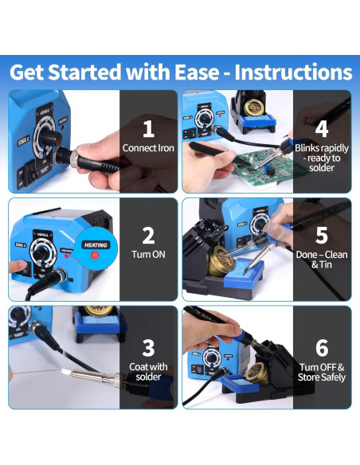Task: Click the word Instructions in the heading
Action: (x=293, y=72)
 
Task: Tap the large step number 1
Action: (x=148, y=129)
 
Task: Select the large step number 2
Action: (x=148, y=236)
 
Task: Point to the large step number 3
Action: (x=148, y=348)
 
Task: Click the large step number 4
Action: (x=322, y=129)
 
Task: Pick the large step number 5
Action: (x=322, y=236)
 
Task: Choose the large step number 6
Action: (x=322, y=348)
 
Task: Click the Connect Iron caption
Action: (x=148, y=148)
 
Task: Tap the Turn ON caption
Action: (x=148, y=255)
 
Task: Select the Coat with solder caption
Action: (x=148, y=372)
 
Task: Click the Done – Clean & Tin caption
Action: (x=322, y=260)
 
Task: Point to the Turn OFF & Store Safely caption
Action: (x=322, y=372)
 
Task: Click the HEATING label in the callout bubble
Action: (x=96, y=245)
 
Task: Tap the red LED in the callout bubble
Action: (x=95, y=255)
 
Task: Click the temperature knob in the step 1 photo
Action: (x=49, y=137)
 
